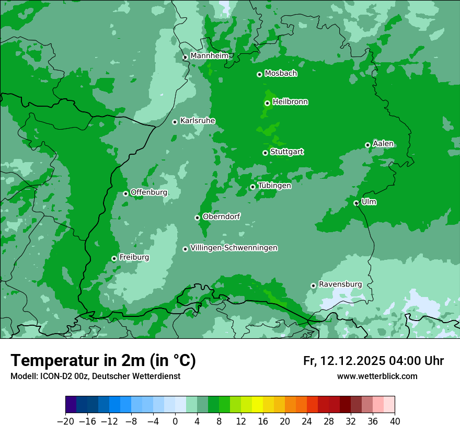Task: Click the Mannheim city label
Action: pos(210,56)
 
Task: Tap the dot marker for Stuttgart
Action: pos(265,153)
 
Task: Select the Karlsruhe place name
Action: pos(198,121)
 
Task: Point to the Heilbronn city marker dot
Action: pos(267,103)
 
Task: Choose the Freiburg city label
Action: pos(134,257)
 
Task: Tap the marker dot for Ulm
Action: pos(356,203)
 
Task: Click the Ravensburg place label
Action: pos(340,284)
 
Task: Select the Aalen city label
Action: pos(383,144)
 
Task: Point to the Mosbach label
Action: pos(281,74)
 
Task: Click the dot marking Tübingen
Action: pos(252,187)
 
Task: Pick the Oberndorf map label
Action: pos(221,216)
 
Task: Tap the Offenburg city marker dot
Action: pos(125,193)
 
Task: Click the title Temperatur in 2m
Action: pos(103,361)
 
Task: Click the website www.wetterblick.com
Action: pos(377,376)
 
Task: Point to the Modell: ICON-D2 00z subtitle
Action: pos(95,376)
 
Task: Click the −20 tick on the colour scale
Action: pos(65,421)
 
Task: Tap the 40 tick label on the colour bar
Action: pos(395,421)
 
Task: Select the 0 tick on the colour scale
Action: pos(175,421)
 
